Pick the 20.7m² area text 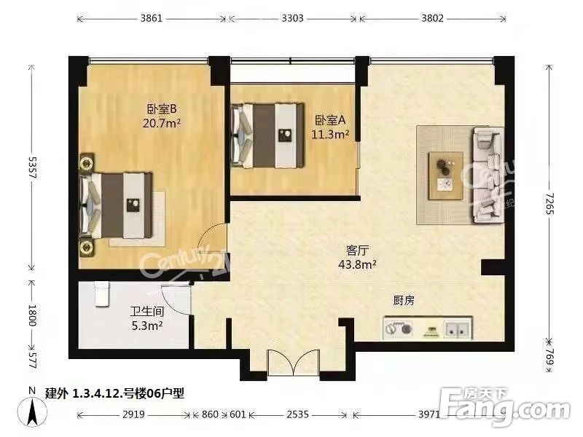point(162,123)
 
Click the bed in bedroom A point(267,133)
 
